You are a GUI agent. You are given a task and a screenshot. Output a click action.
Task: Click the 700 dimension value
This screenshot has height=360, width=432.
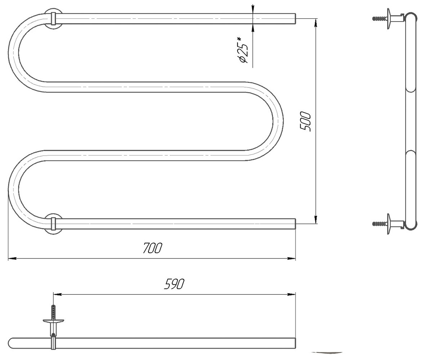click(x=152, y=248)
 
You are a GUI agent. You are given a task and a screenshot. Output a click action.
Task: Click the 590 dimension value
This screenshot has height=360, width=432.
click(x=174, y=284)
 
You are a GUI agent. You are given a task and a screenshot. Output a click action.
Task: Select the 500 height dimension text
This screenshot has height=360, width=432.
click(x=305, y=122)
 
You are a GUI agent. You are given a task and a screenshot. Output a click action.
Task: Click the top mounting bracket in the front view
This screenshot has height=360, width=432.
click(x=53, y=19)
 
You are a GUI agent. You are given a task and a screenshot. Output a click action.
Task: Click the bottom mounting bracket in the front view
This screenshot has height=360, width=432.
click(x=53, y=224)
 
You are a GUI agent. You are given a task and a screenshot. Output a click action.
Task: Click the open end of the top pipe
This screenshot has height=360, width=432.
click(x=295, y=19)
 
